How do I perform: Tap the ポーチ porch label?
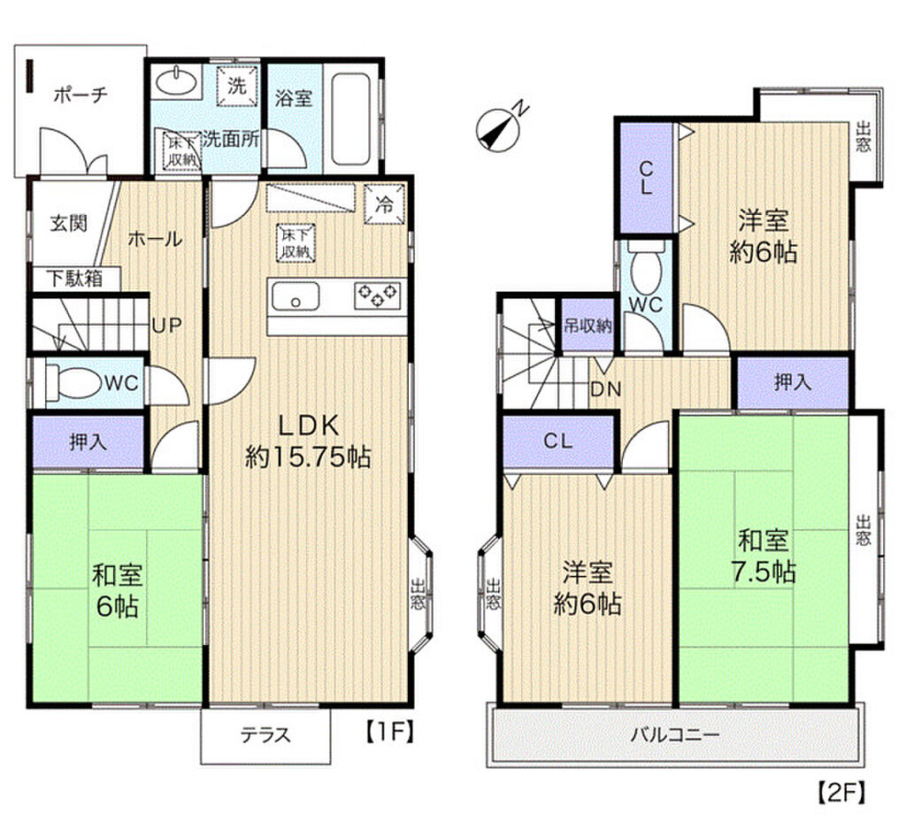(x=81, y=94)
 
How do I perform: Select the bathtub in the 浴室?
(x=351, y=119)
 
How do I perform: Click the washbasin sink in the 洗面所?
(x=177, y=81)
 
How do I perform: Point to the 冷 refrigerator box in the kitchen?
(x=385, y=203)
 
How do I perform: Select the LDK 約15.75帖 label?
(x=307, y=441)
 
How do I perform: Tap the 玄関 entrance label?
(x=69, y=223)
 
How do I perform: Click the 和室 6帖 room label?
(x=118, y=590)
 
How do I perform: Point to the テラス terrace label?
(x=265, y=735)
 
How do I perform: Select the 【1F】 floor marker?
(x=390, y=732)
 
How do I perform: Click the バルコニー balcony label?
(x=674, y=735)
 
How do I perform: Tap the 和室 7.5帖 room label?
(x=764, y=556)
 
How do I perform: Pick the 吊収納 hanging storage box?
(x=587, y=326)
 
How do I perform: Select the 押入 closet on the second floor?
(x=792, y=382)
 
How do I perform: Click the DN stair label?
(x=605, y=389)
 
